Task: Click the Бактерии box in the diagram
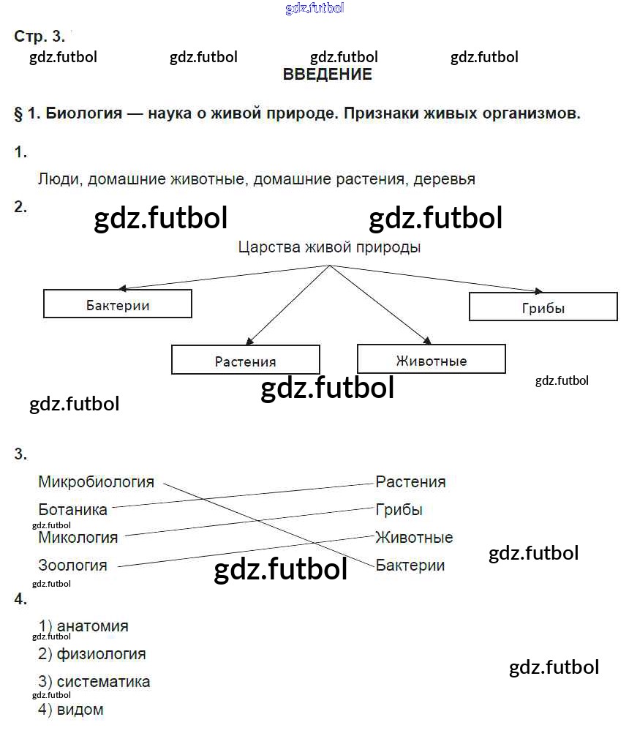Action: coord(118,304)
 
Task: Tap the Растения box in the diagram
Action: coord(246,360)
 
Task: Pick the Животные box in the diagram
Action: coord(432,359)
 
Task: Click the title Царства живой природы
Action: coord(329,247)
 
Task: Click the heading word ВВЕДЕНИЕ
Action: coord(327,75)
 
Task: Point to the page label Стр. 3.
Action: coord(39,36)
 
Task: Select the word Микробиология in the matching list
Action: coord(97,482)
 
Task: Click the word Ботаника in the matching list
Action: coord(73,510)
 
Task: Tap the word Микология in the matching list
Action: coord(78,538)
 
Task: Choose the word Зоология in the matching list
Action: coord(73,566)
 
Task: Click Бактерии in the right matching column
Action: coord(410,566)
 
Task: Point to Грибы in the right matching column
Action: coord(399,510)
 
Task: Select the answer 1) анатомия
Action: coord(83,626)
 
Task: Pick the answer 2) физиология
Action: coord(92,654)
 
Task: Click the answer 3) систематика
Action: coord(94,682)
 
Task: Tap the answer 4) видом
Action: coord(71,710)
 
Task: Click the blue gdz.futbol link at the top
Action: coord(314,9)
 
